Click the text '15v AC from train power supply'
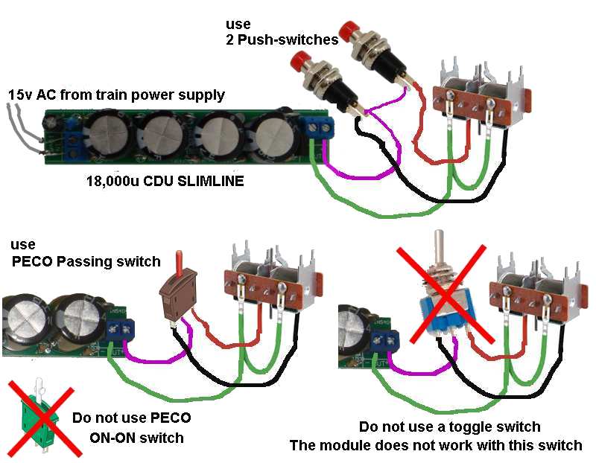tap(115, 95)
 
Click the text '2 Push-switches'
tap(282, 39)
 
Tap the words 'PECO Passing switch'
tap(85, 261)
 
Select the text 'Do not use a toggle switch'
tap(449, 427)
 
